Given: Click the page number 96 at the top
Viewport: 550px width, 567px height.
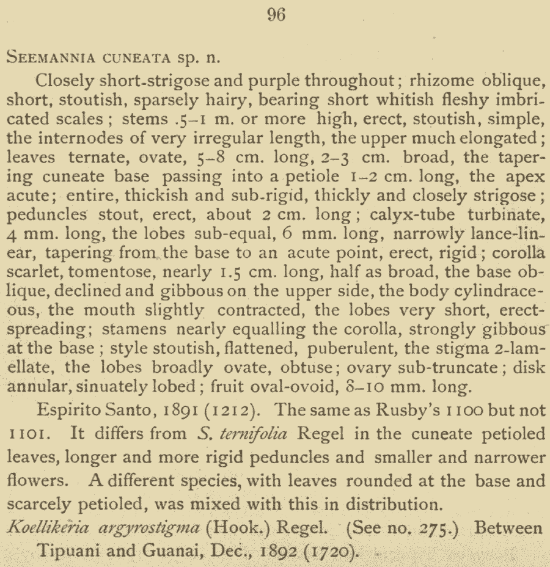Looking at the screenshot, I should pos(276,15).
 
